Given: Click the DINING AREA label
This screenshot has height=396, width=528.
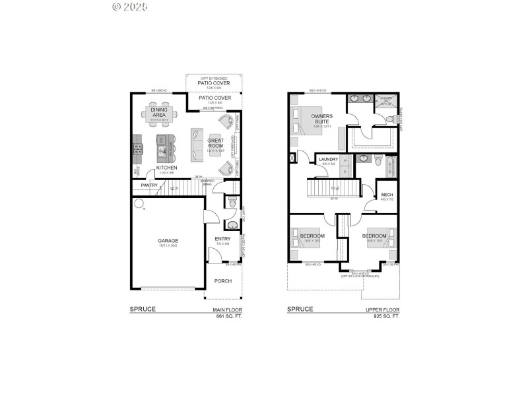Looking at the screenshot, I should (158, 113).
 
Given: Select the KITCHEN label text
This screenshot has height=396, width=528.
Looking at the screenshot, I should (166, 168).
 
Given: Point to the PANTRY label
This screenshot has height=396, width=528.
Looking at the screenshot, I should (148, 185).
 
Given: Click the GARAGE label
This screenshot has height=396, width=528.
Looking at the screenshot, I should (168, 241).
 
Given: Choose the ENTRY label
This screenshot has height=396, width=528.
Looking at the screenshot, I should (222, 239).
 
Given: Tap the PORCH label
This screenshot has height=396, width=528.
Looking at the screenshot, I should (222, 281).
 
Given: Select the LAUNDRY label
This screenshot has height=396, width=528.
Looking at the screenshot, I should (328, 160).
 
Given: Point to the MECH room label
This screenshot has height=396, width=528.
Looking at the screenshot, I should (387, 195).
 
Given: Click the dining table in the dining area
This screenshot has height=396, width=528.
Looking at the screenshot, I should (158, 114).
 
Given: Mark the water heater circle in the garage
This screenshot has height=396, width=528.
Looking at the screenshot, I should (139, 203).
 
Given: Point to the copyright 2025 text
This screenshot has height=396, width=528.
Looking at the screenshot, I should (130, 7).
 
